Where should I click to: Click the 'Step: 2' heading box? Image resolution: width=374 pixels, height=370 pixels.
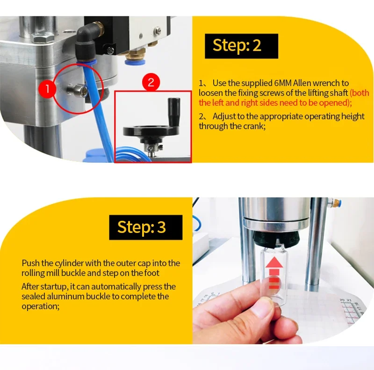pyautogui.click(x=241, y=46)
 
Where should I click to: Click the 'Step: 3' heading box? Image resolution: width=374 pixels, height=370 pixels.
pyautogui.click(x=146, y=227)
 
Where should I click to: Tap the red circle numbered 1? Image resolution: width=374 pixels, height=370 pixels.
pyautogui.click(x=47, y=89)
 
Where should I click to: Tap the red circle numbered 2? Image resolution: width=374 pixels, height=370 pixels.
pyautogui.click(x=151, y=82)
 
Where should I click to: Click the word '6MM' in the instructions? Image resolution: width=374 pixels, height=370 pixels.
pyautogui.click(x=283, y=83)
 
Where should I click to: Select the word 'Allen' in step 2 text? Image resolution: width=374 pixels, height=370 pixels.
pyautogui.click(x=302, y=83)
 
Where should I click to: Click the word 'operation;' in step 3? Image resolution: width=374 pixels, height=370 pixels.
pyautogui.click(x=41, y=306)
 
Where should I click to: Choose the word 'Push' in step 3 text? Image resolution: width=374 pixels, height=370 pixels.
pyautogui.click(x=31, y=263)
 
